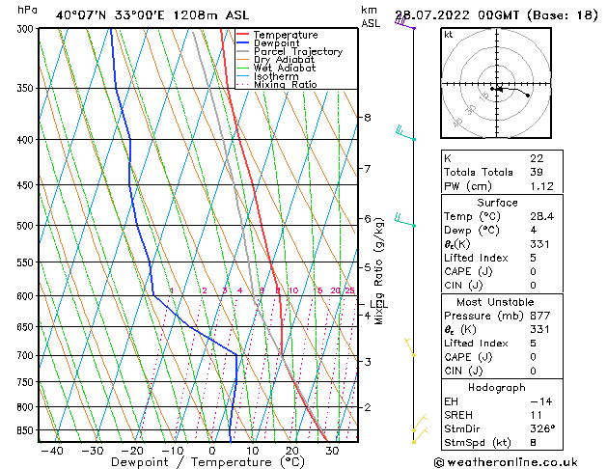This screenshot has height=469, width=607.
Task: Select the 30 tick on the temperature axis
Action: click(x=331, y=451)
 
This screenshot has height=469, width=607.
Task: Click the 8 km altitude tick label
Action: click(x=367, y=118)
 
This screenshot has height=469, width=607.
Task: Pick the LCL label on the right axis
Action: click(x=379, y=305)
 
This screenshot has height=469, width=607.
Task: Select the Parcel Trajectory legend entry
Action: click(x=297, y=52)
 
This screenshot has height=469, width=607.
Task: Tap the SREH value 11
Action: click(x=536, y=414)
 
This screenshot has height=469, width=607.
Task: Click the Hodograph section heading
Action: click(x=497, y=386)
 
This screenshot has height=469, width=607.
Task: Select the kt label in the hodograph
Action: click(x=448, y=35)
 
